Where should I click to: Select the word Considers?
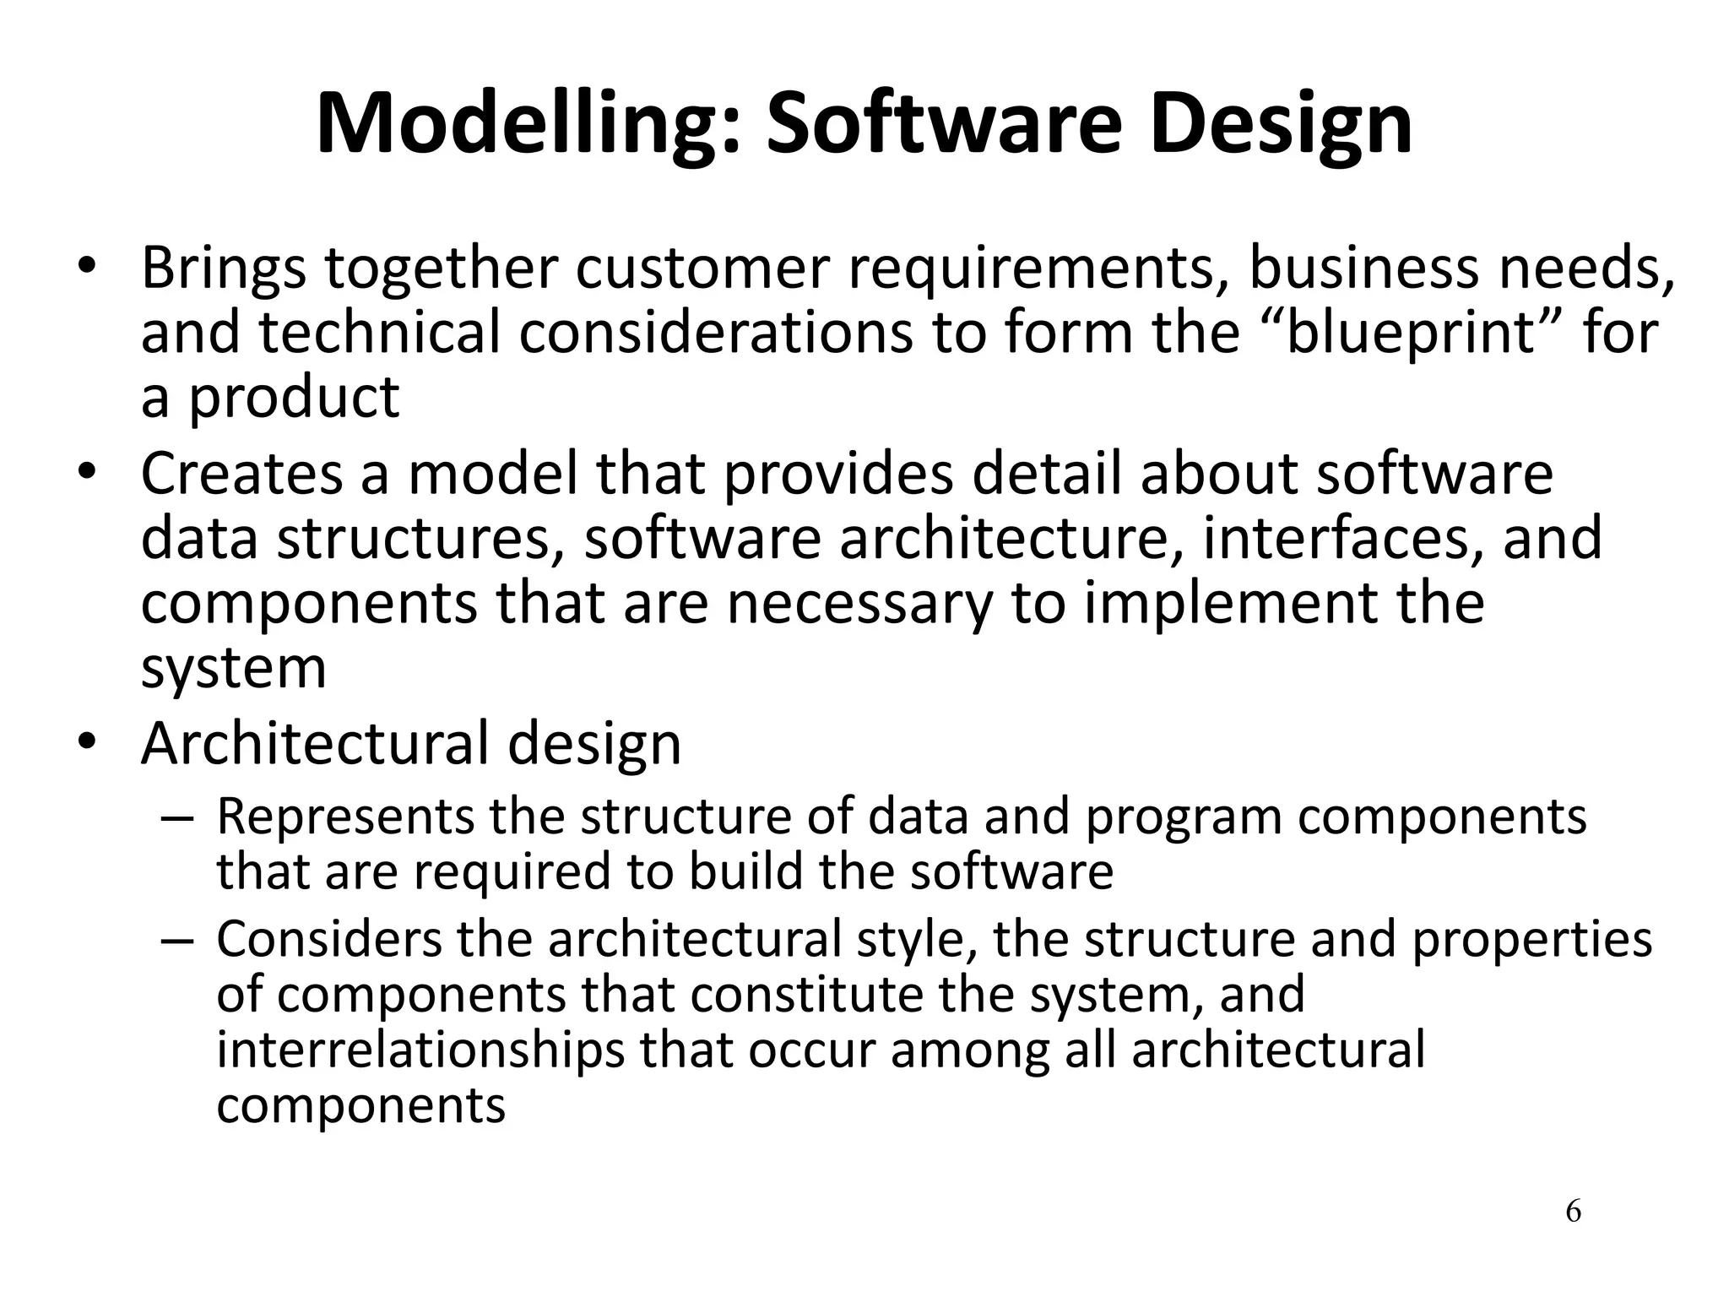(x=329, y=939)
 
